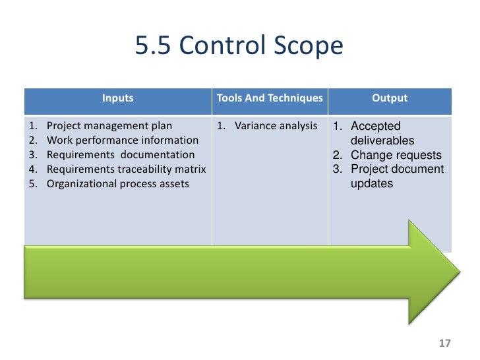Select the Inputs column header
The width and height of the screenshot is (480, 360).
coord(117,98)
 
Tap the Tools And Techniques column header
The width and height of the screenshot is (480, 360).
coord(270,98)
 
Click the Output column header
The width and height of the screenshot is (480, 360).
coord(390,98)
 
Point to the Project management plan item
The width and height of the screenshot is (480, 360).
coord(109,126)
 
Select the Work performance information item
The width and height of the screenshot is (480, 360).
coord(122,140)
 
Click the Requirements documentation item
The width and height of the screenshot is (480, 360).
coord(121,155)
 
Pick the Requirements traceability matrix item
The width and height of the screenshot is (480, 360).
coord(126,169)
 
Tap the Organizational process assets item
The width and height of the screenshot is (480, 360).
coord(117,184)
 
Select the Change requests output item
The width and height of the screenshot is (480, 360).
coord(396,155)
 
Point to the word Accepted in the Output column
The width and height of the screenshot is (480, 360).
coord(375,126)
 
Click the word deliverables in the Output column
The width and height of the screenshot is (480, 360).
coord(382,140)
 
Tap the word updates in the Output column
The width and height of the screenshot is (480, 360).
coord(371,184)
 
